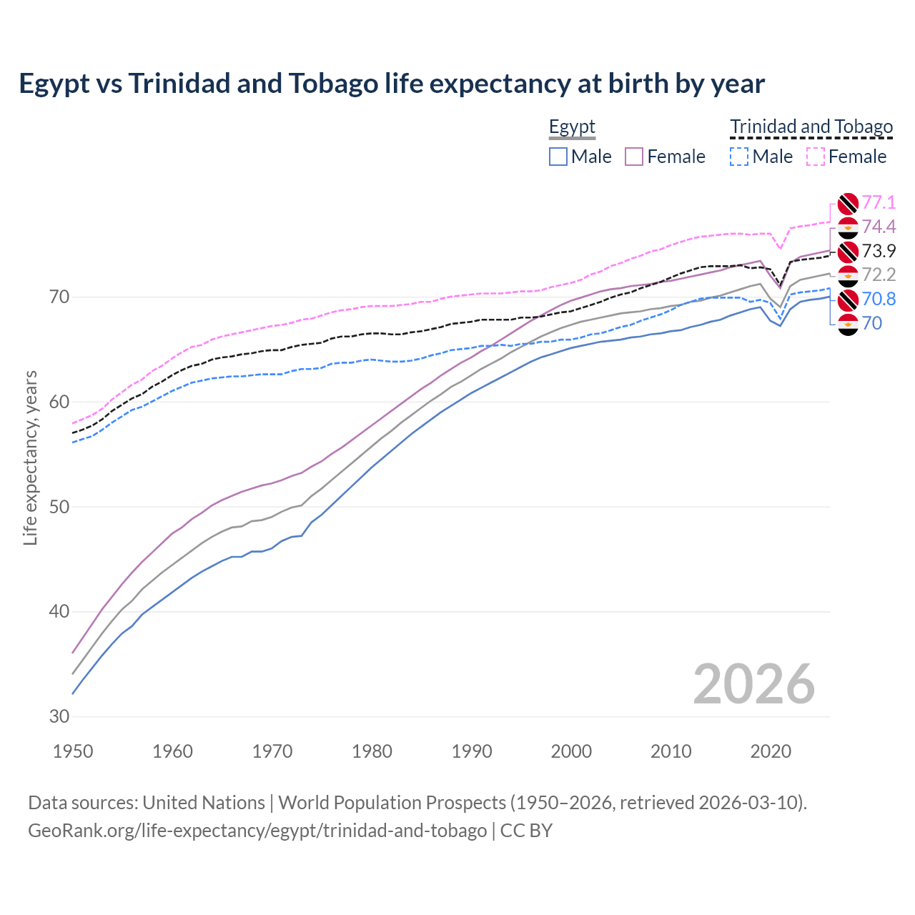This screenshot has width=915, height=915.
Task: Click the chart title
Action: (x=392, y=84)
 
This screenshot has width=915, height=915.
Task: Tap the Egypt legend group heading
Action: (x=572, y=127)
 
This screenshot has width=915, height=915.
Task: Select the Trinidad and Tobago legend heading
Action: (x=811, y=127)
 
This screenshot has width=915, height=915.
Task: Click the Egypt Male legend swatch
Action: (x=558, y=157)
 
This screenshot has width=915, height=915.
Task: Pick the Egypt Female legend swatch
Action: (x=635, y=157)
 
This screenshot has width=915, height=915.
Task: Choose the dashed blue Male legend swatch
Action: (x=739, y=157)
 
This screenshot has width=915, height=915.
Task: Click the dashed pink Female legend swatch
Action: (x=816, y=157)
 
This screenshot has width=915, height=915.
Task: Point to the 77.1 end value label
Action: (x=879, y=203)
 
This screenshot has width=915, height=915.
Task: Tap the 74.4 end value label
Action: (x=879, y=227)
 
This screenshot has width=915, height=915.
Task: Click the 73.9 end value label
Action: (x=879, y=252)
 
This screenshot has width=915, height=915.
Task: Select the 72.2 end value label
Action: (x=879, y=275)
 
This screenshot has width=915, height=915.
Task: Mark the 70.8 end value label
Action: (x=879, y=300)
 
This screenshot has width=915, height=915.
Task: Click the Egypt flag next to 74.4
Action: (x=848, y=227)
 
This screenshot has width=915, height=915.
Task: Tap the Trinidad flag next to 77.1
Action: (x=848, y=203)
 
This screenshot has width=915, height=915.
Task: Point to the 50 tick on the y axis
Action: (x=59, y=508)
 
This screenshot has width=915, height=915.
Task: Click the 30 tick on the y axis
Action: (x=59, y=717)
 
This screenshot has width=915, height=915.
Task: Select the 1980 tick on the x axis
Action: (x=372, y=751)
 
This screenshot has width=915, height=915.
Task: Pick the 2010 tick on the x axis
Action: (x=671, y=751)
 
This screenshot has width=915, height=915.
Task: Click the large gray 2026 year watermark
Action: (x=754, y=684)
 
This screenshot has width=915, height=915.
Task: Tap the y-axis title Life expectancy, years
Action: (x=30, y=457)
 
